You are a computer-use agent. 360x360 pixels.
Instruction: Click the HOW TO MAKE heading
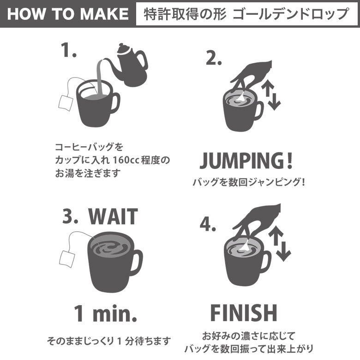point(68,14)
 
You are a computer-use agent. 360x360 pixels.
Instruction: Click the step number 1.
point(68,50)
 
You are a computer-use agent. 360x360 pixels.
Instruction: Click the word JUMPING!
point(246,161)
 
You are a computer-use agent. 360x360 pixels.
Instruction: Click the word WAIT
point(113,217)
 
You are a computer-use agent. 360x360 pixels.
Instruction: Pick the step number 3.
point(70,216)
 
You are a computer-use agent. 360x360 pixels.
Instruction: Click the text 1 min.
point(105,314)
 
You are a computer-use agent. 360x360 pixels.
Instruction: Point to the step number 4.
point(208,225)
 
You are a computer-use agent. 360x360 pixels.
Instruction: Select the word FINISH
point(244,313)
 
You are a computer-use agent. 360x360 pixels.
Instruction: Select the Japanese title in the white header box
point(246,14)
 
